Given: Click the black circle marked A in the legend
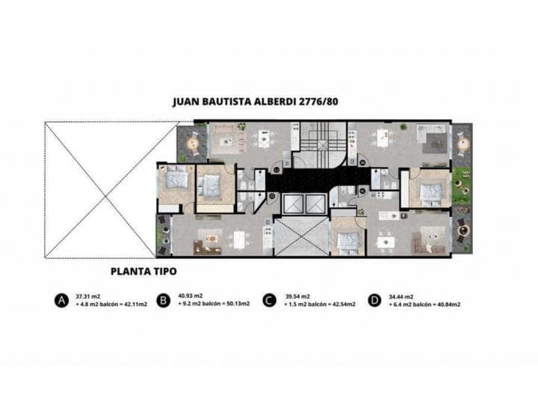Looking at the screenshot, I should point(61,301).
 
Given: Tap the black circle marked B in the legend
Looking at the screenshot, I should point(163,301).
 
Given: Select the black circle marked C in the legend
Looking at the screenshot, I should point(268,301).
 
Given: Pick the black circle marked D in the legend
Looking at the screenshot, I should point(373,301).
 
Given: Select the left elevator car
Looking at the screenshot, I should point(291,203).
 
